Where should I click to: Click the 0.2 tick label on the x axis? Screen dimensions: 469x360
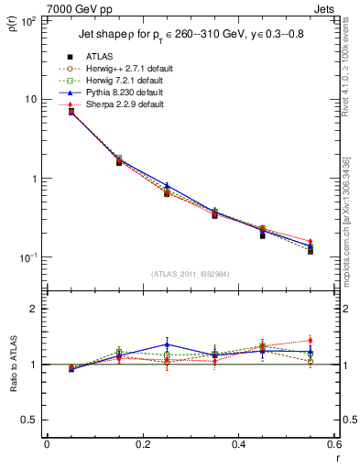click(142, 446)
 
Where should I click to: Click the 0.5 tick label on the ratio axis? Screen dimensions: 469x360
click(34, 420)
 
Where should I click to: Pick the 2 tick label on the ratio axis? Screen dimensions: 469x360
click(38, 309)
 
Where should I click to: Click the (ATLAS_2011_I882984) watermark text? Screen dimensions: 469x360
click(191, 273)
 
